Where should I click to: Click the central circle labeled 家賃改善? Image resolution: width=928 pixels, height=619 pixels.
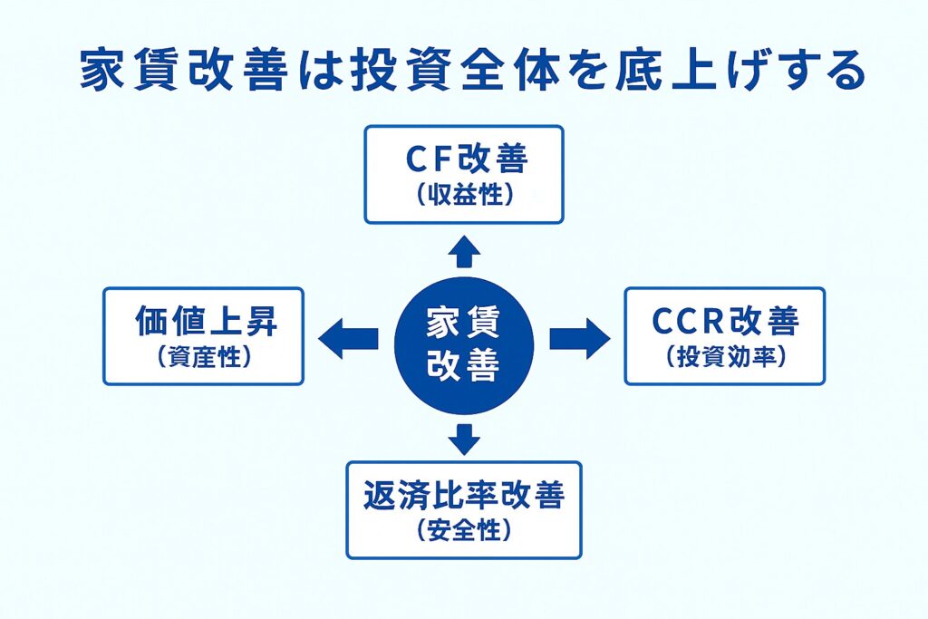pos(463,343)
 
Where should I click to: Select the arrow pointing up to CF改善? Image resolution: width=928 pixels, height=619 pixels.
pos(463,252)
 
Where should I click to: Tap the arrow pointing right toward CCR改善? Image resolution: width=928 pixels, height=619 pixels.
pos(580,339)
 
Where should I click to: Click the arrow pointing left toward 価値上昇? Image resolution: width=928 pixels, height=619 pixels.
pos(348,339)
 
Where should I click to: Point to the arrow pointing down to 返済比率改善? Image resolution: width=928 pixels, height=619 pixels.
pos(463,438)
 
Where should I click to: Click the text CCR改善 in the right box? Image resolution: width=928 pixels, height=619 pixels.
pos(725,323)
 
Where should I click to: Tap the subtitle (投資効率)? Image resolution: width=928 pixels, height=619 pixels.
pos(725,357)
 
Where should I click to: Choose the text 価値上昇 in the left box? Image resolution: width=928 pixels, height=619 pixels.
pos(202,323)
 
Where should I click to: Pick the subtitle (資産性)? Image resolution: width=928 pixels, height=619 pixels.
pos(202,357)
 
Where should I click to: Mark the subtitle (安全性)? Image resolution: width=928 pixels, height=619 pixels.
pos(463,530)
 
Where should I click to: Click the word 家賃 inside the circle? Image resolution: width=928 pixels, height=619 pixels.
pos(463,323)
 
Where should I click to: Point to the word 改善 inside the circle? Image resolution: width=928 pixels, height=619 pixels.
pos(463,363)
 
